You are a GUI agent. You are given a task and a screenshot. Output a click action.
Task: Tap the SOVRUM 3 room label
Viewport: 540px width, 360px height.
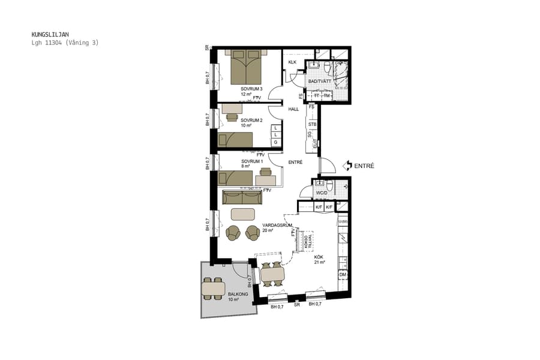(252, 89)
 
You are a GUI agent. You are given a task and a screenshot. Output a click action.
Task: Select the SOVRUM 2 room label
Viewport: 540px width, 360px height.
(252, 120)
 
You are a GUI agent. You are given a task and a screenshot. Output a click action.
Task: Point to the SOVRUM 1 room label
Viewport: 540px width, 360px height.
(252, 162)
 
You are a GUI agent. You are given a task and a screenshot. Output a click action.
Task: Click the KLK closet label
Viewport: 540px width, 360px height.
(293, 62)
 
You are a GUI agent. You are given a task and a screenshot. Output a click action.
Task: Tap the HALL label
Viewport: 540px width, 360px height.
(293, 109)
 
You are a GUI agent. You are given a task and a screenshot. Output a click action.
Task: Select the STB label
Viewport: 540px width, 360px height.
(312, 125)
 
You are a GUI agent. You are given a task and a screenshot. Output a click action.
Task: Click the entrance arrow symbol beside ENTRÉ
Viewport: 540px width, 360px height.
(347, 165)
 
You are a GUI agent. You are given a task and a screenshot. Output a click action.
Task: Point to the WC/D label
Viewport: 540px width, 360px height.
(321, 193)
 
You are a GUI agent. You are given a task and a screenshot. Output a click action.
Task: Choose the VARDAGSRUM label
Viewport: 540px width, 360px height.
(277, 225)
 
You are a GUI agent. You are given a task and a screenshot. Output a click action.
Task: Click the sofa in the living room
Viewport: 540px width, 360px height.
(242, 197)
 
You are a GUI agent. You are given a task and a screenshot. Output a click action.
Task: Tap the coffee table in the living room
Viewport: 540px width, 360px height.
(242, 214)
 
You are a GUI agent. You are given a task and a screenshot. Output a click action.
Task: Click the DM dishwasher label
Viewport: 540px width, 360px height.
(342, 275)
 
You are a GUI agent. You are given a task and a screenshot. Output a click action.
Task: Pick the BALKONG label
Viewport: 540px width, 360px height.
(238, 294)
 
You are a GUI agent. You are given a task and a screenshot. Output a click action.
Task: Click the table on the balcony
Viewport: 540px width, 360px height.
(213, 289)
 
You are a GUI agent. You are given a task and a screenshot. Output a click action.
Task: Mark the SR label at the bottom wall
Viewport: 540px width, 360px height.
(296, 305)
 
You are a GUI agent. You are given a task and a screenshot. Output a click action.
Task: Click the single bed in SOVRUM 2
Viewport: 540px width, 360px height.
(235, 140)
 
